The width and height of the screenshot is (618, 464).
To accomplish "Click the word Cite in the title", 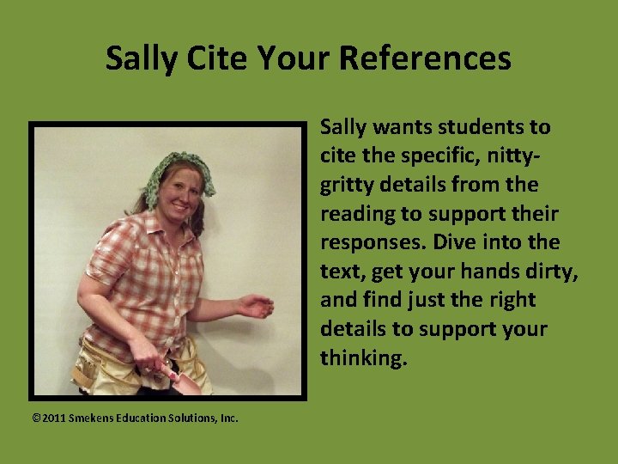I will [x=198, y=58].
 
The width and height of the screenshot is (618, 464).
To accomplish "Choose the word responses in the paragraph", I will [x=374, y=242].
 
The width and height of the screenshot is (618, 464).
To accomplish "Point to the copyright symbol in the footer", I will [x=36, y=418].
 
